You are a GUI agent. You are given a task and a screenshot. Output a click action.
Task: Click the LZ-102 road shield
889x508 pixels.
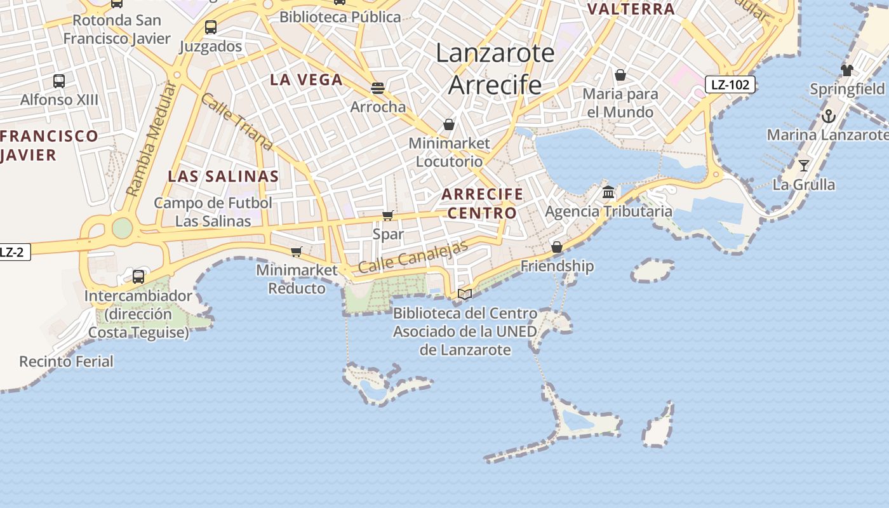coord(730,84)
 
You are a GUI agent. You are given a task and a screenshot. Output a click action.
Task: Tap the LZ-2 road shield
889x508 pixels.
coord(13,252)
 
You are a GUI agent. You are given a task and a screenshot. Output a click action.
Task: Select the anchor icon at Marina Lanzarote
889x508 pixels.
coord(828,116)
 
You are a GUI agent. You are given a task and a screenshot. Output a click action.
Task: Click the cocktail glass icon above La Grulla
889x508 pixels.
coord(804,166)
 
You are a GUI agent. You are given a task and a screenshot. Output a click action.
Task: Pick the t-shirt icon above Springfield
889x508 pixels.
coord(847,70)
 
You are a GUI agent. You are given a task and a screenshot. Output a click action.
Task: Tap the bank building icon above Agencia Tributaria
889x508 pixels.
coord(608,192)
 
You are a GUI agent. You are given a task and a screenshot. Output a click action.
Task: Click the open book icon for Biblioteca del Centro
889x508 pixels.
coord(465,294)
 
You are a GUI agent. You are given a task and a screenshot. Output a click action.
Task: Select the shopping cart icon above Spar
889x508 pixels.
coord(388,216)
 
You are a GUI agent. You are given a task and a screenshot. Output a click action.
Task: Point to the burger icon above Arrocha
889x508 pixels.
coord(378,88)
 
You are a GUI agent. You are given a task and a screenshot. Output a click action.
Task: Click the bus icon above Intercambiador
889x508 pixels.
coord(138,277)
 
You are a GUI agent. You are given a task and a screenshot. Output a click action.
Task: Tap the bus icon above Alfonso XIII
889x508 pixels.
coord(59,81)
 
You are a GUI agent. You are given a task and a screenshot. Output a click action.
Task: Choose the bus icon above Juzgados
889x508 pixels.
coord(211,27)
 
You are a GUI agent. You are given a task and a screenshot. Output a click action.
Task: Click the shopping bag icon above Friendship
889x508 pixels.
coord(557,247)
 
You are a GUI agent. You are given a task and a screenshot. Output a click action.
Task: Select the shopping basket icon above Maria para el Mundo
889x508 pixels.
coord(620,76)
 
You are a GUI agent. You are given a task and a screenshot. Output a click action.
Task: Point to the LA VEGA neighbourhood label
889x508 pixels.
coord(306,80)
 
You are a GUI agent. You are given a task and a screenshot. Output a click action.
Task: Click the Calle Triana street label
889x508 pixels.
coord(236,122)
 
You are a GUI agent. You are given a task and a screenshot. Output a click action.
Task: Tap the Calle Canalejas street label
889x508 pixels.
coord(413,257)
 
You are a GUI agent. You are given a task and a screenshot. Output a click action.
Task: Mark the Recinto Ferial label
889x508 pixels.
coord(66,362)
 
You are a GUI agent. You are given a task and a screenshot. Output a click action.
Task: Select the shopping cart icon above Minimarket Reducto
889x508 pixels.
coord(296,252)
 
